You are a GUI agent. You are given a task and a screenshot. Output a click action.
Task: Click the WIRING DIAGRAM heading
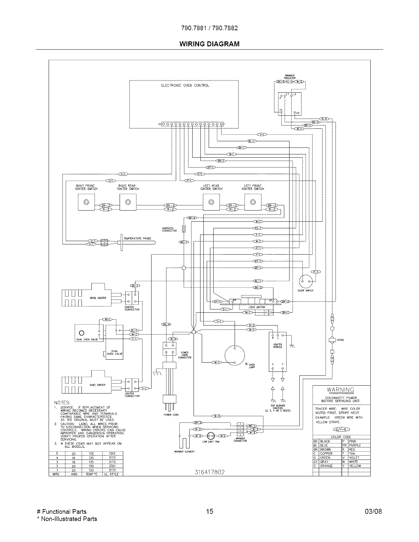click(x=209, y=44)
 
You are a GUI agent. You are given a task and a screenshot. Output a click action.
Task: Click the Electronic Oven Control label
click(x=185, y=85)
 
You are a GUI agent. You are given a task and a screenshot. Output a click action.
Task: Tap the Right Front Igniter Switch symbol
click(x=86, y=202)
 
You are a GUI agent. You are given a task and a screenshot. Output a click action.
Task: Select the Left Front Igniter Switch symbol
click(x=253, y=202)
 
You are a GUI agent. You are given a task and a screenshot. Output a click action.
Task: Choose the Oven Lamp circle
click(x=235, y=356)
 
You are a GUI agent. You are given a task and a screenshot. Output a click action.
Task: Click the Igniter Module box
click(x=277, y=351)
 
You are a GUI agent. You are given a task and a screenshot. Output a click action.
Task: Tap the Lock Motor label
click(x=257, y=307)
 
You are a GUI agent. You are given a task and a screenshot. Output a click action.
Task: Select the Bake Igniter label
click(x=98, y=385)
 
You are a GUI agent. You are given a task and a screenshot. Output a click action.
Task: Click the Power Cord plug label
click(x=171, y=415)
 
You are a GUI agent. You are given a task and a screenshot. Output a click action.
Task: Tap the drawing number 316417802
click(x=210, y=472)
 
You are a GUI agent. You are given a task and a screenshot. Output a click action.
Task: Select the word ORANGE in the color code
click(x=326, y=466)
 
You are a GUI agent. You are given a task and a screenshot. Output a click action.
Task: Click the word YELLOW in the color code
click(x=355, y=466)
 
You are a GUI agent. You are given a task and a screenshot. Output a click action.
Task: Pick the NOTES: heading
click(x=62, y=402)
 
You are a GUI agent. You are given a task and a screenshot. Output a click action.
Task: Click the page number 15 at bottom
click(x=209, y=511)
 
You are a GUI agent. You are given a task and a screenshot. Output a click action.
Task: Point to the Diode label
click(x=340, y=340)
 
